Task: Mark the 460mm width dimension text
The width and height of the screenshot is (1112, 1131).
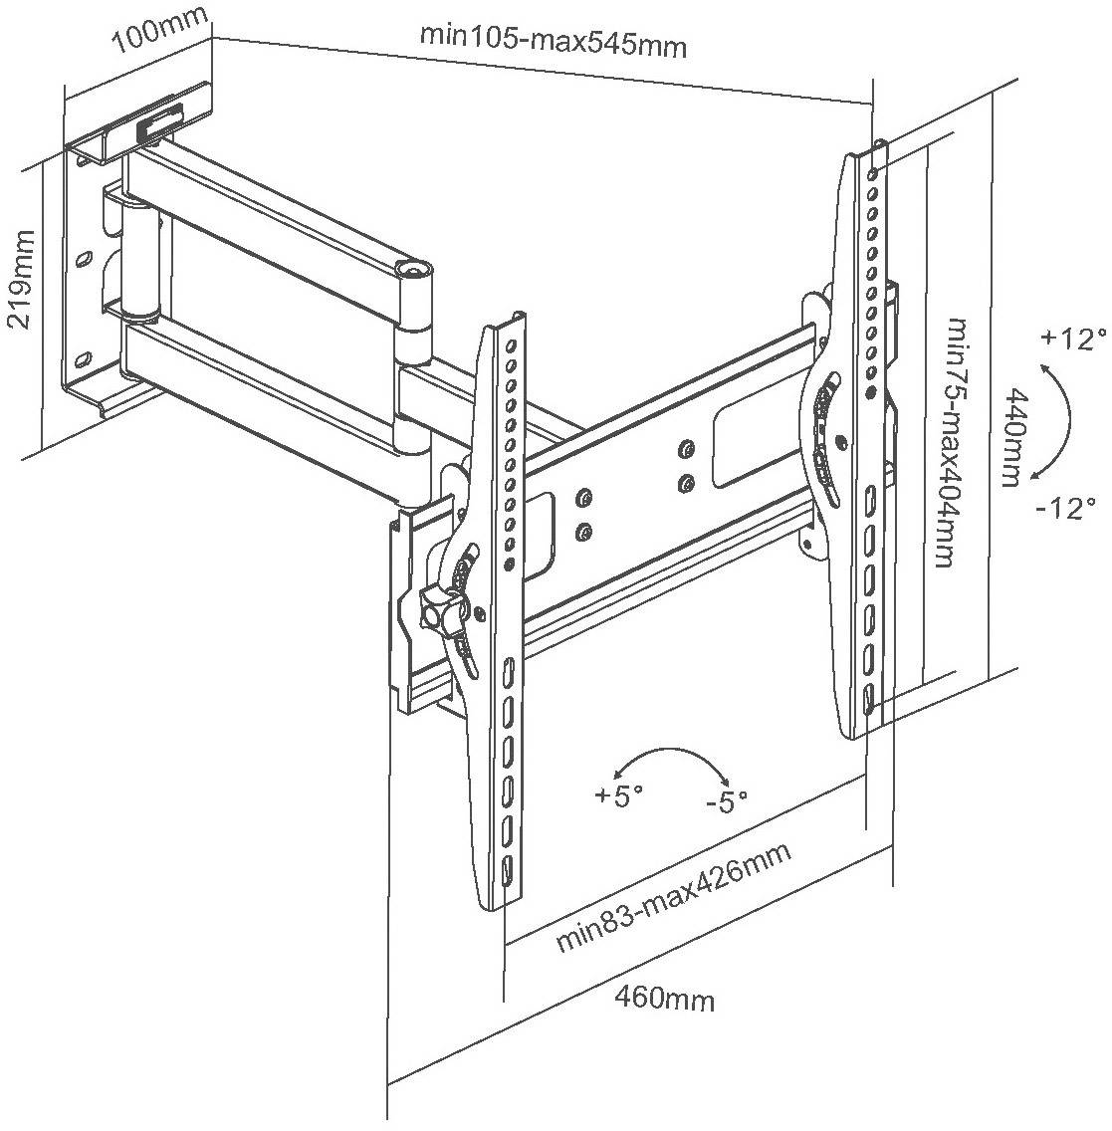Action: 664,997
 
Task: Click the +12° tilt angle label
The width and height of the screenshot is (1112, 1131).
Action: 1074,339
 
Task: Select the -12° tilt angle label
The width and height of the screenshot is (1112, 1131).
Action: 1064,508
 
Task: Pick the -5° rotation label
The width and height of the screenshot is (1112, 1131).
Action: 726,799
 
